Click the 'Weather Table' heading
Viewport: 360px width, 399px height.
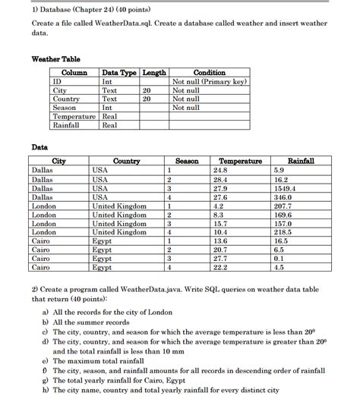[x=55, y=59]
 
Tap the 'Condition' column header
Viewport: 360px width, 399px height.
[x=210, y=73]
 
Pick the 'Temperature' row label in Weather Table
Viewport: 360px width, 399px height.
[x=74, y=116]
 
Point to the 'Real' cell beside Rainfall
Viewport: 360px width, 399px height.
[x=109, y=125]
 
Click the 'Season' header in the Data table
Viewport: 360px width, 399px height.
[x=186, y=162]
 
